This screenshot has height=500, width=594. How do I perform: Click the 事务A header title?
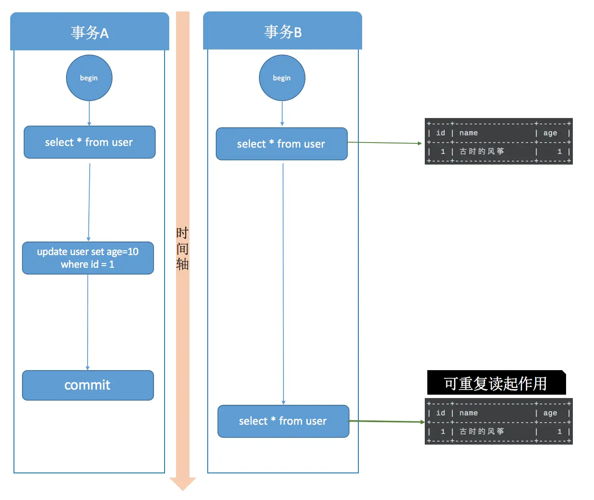pos(90,33)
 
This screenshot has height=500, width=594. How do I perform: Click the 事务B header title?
pos(283,32)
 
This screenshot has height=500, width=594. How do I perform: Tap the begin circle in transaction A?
pos(89,78)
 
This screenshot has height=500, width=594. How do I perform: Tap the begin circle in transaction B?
pos(282,78)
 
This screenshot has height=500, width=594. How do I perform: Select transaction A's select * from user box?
pos(89,142)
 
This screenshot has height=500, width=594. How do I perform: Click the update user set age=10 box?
pos(88,258)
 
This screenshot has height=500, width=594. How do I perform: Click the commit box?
pos(88,385)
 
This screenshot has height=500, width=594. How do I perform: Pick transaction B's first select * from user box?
pos(281,144)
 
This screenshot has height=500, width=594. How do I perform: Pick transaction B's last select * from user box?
pos(283,421)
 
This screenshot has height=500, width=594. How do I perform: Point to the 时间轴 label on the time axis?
pos(182,248)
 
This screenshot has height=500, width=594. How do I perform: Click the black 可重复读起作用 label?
pos(496,383)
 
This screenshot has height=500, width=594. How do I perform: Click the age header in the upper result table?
pos(550,133)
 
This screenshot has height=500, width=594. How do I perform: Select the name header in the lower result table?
pos(468,413)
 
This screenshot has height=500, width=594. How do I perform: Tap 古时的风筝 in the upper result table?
pos(482,151)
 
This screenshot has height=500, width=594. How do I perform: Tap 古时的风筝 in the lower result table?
pos(482,431)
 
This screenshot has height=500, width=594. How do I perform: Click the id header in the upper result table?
pos(440,133)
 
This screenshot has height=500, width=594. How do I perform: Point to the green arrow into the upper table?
pos(385,143)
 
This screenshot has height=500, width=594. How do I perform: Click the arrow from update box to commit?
pos(88,321)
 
